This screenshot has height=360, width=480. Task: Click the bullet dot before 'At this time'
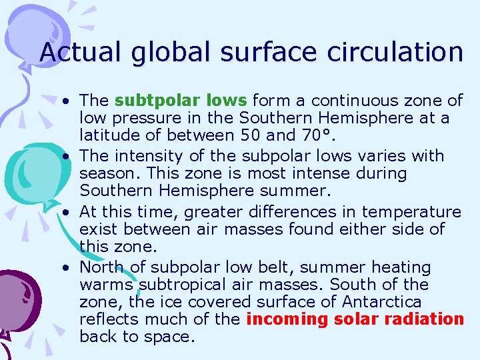click(x=68, y=213)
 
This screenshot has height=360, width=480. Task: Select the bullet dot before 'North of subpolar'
click(x=68, y=268)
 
